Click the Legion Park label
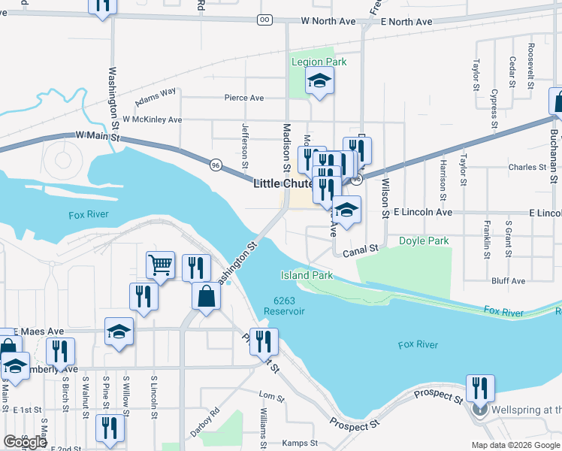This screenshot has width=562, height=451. coord(319,62)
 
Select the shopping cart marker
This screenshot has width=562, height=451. coord(160,265)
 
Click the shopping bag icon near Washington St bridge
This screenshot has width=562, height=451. coord(206,296)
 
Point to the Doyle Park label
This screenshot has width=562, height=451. coord(424,241)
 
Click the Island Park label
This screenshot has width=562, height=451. coord(307,276)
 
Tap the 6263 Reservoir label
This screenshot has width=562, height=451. coord(284,307)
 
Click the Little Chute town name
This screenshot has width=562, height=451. coord(283,183)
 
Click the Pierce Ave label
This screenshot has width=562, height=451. coord(244,98)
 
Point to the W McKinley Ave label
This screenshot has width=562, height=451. coord(153,120)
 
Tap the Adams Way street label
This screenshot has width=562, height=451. coord(155,97)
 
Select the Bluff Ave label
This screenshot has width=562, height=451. coord(508,281)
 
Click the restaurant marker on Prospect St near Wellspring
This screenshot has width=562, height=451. coord(479,388)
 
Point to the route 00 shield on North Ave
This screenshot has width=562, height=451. coord(264,20)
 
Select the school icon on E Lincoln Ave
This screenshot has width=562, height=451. coord(346,210)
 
